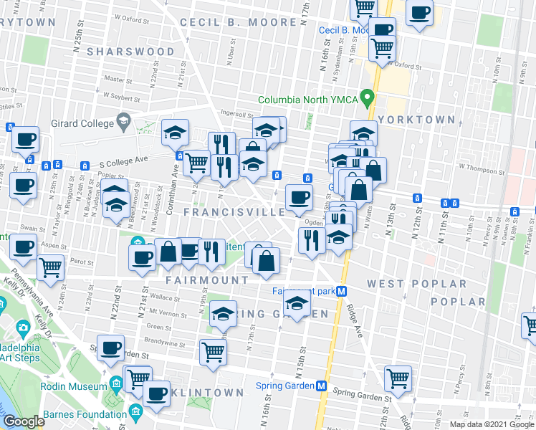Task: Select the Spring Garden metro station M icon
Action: (x=322, y=386)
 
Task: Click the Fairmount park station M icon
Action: (x=343, y=291)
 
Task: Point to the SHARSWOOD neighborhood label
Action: (x=130, y=52)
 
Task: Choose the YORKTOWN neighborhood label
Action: (x=416, y=120)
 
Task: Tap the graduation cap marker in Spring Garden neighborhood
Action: (x=224, y=312)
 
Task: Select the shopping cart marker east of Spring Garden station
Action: (x=398, y=377)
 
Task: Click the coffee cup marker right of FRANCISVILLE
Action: (x=298, y=196)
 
